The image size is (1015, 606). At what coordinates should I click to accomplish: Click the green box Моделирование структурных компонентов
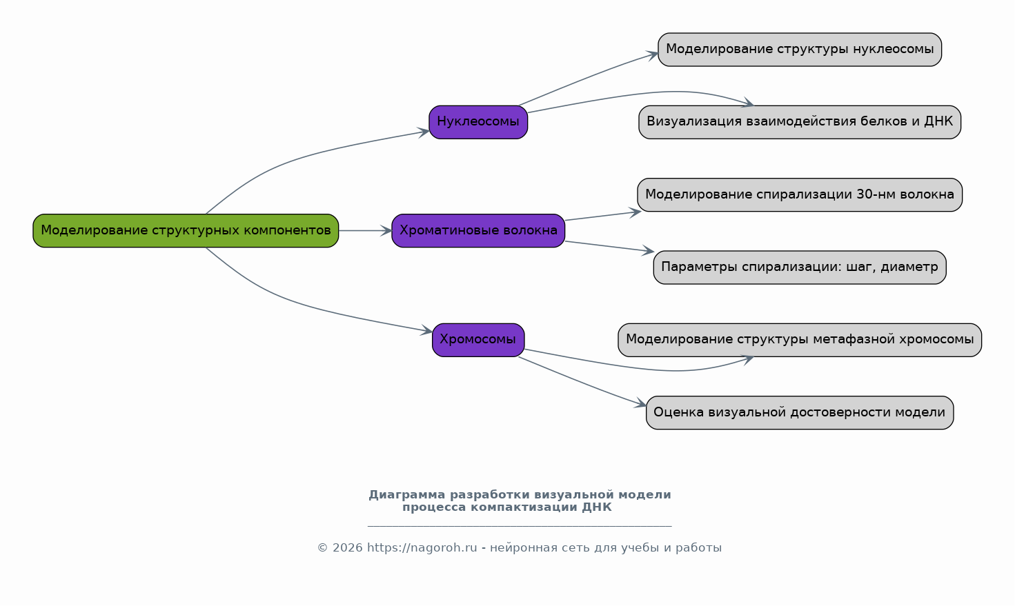(186, 231)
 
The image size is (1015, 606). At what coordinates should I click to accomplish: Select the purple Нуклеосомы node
(478, 122)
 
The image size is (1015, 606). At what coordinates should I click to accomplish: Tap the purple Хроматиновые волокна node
(478, 231)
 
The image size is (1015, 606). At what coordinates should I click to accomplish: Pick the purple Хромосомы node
(478, 340)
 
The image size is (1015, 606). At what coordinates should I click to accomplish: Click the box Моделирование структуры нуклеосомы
(800, 50)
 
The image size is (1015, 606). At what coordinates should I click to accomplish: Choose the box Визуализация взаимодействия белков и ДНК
(800, 122)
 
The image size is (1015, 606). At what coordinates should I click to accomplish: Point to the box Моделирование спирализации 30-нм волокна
(800, 194)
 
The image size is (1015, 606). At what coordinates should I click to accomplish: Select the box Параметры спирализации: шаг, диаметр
(800, 267)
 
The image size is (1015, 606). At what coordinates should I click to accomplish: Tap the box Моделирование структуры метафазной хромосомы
(800, 340)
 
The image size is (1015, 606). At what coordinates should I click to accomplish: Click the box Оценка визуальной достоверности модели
(800, 413)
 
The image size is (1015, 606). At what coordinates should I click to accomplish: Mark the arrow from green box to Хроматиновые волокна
(365, 231)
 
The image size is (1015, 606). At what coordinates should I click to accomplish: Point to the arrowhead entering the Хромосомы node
(427, 330)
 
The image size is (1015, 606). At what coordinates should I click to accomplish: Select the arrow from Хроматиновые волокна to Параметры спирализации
(609, 246)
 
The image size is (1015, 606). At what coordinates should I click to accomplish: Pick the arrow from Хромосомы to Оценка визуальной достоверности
(582, 381)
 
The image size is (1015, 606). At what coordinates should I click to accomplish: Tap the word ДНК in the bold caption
(597, 507)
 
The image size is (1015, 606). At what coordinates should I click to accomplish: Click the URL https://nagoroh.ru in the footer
(422, 548)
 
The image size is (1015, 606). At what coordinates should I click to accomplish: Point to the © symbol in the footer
(323, 548)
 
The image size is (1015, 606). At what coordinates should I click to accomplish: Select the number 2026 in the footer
(348, 548)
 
